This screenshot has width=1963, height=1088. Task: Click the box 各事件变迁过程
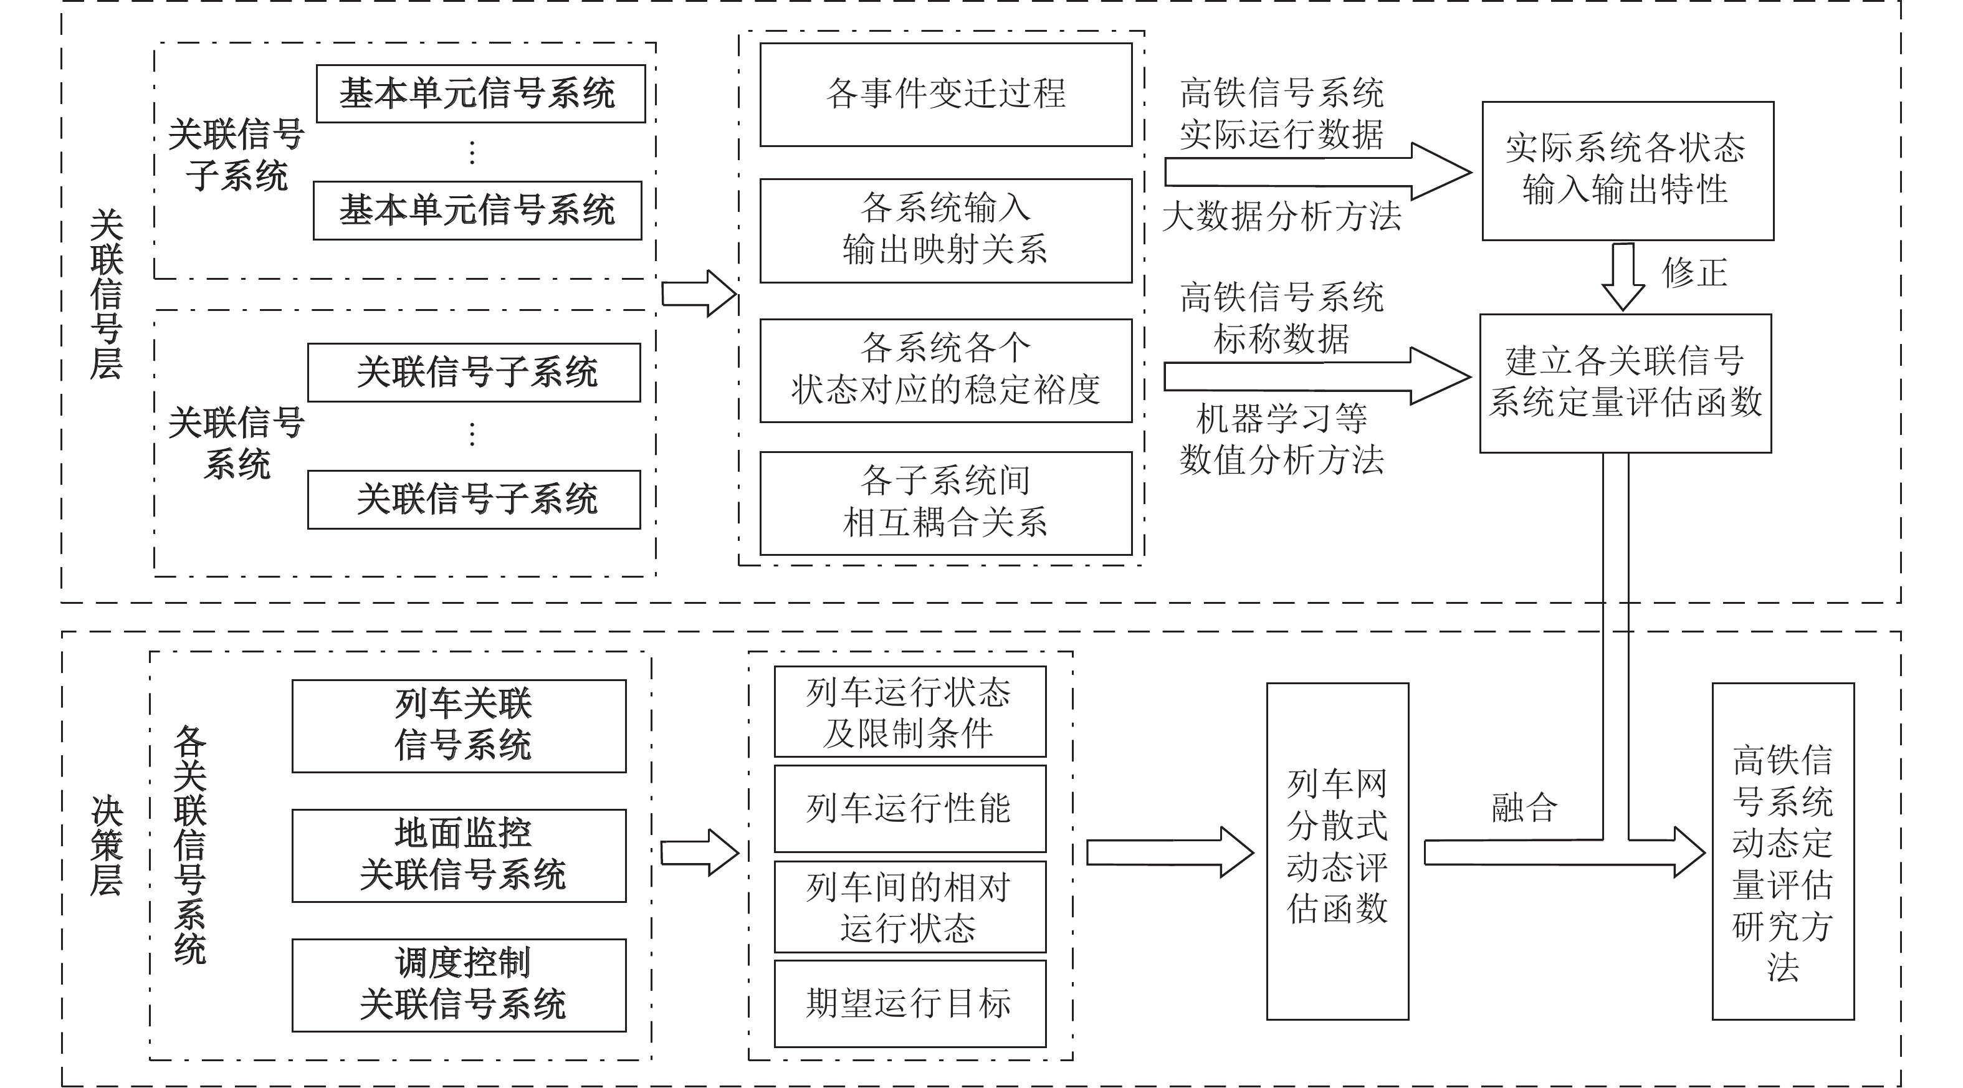(x=946, y=95)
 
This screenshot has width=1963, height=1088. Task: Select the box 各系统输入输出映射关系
(x=946, y=230)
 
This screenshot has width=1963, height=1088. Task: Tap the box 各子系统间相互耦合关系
(x=946, y=503)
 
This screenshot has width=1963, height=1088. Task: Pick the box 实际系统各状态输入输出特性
(x=1627, y=171)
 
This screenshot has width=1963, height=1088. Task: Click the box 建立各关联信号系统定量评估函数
(x=1625, y=383)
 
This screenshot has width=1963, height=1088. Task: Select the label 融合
(x=1524, y=808)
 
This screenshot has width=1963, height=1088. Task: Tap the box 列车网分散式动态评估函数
(x=1337, y=851)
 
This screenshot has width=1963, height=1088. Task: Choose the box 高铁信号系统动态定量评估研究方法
(x=1782, y=851)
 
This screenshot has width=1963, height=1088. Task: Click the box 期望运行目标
(x=910, y=1003)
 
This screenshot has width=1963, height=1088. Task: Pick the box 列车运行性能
(x=910, y=808)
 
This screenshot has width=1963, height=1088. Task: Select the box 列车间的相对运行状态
(x=910, y=907)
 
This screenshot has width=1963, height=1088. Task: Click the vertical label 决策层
(x=107, y=846)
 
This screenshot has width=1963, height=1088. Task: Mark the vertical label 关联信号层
(x=107, y=294)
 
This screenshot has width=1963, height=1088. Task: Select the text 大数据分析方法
(x=1282, y=217)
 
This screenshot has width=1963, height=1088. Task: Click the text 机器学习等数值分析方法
(x=1282, y=439)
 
